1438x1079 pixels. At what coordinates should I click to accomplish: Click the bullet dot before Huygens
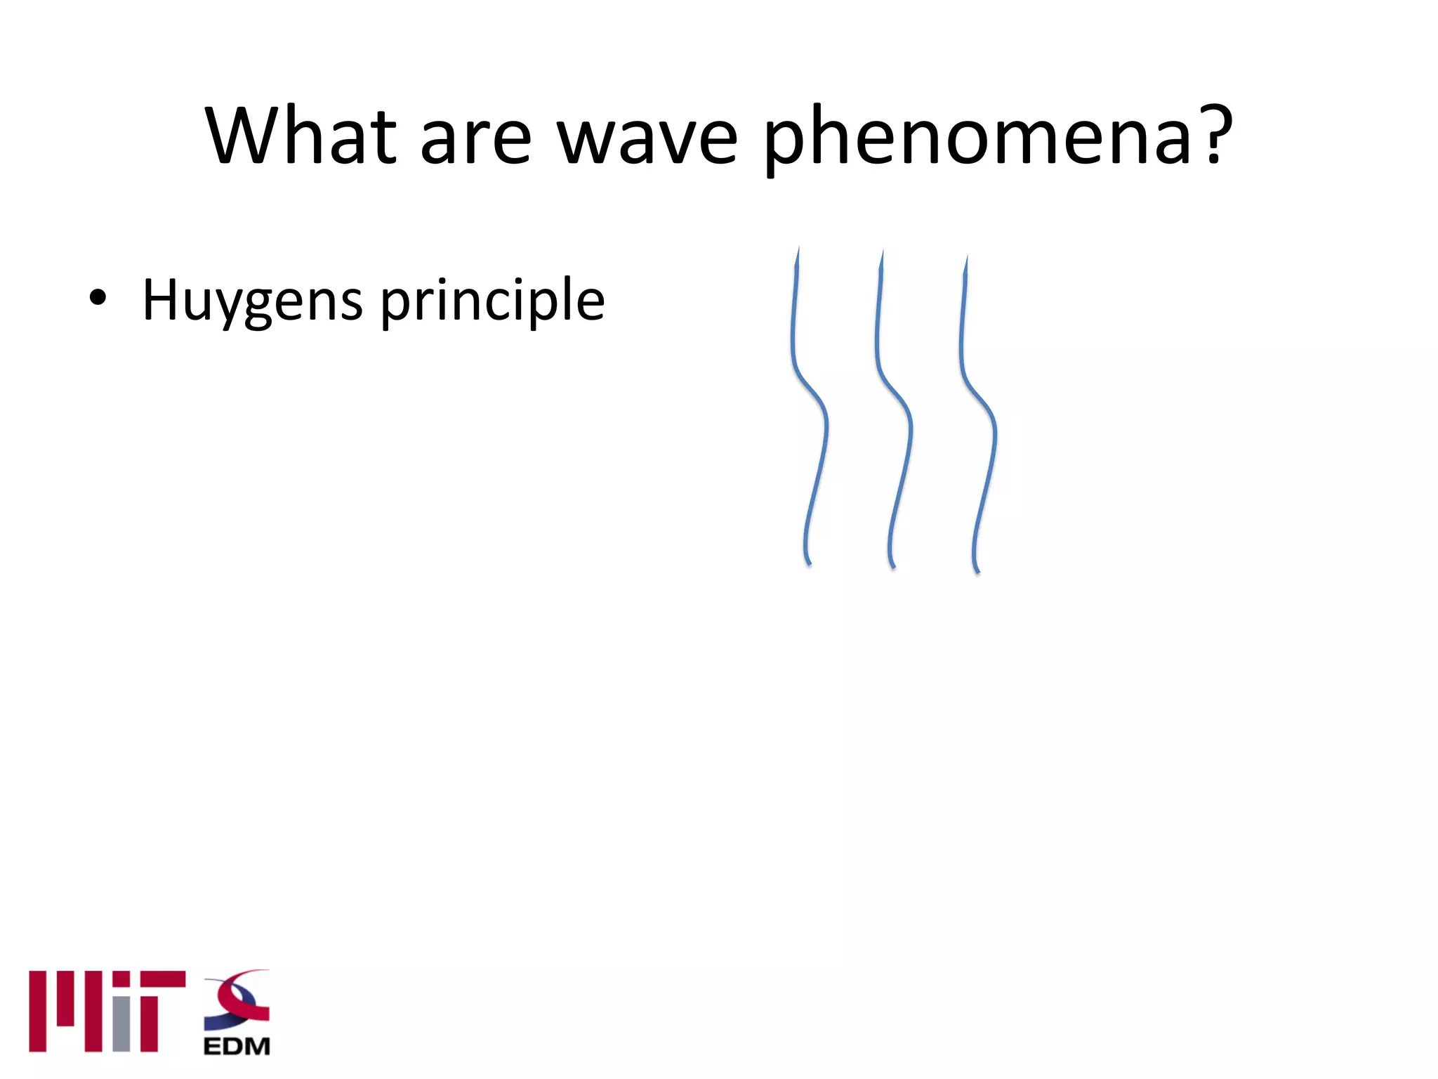pos(98,298)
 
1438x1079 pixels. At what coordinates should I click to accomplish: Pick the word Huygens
pos(253,301)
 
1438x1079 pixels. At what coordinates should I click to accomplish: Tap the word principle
pos(492,301)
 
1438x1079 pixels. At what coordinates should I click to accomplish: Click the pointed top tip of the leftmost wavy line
pos(798,250)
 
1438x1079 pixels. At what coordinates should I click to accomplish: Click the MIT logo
pos(107,1011)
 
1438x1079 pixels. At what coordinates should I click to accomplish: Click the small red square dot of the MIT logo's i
pos(121,979)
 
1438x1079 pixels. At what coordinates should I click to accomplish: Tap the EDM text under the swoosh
pos(237,1046)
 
